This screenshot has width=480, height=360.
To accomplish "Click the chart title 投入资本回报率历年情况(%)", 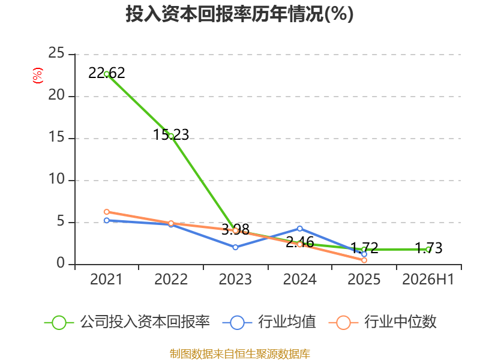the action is pyautogui.click(x=239, y=14).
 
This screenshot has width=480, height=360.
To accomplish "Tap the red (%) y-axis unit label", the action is pyautogui.click(x=38, y=76).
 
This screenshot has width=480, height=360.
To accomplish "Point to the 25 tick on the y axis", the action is pyautogui.click(x=56, y=53).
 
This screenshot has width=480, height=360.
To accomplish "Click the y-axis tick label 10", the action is pyautogui.click(x=56, y=179).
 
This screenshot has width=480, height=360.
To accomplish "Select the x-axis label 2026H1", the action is pyautogui.click(x=428, y=279).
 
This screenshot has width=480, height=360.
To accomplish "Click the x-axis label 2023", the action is pyautogui.click(x=235, y=279).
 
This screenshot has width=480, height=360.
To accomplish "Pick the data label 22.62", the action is pyautogui.click(x=107, y=73).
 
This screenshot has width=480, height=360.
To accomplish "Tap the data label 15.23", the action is pyautogui.click(x=171, y=134).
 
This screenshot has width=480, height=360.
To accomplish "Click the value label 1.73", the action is pyautogui.click(x=428, y=248).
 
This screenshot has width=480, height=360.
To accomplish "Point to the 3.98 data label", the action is pyautogui.click(x=235, y=229).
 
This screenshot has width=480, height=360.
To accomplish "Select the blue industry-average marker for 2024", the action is pyautogui.click(x=299, y=229).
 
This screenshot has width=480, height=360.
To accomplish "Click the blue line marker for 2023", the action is pyautogui.click(x=235, y=247).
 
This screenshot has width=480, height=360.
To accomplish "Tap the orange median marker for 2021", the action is pyautogui.click(x=107, y=212).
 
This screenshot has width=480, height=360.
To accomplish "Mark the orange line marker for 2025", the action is pyautogui.click(x=364, y=260).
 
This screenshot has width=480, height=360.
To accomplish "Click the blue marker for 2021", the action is pyautogui.click(x=107, y=220).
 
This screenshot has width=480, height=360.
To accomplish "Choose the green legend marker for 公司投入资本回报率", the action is pyautogui.click(x=59, y=323).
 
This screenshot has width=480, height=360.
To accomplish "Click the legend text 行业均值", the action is pyautogui.click(x=287, y=322).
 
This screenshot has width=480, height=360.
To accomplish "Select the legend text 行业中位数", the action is pyautogui.click(x=400, y=322).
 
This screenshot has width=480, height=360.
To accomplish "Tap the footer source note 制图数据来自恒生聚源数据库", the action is pyautogui.click(x=239, y=354).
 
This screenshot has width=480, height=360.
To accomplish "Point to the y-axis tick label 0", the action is pyautogui.click(x=61, y=263).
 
